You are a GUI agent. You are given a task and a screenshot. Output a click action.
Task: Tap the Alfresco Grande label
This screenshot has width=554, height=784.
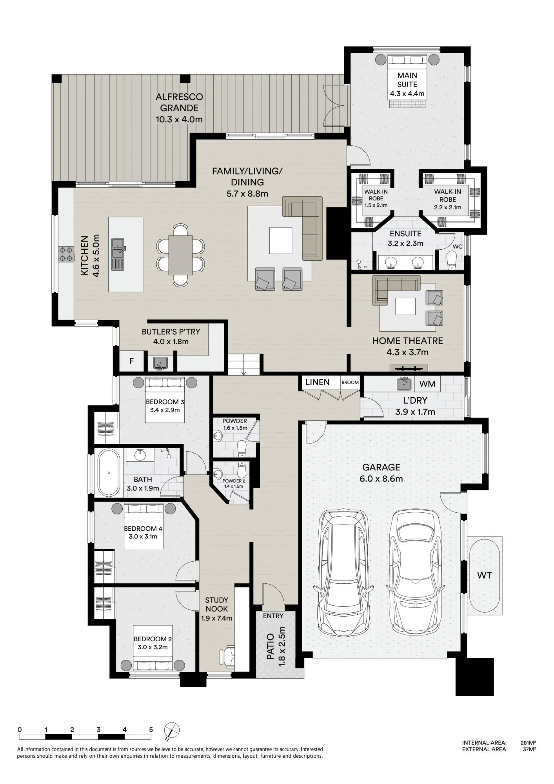179,102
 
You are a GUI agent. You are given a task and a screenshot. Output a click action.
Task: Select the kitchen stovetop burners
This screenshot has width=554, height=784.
66,254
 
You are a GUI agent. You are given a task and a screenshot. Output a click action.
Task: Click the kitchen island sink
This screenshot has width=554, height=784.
117,254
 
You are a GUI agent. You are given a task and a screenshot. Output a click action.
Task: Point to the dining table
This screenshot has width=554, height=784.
180,255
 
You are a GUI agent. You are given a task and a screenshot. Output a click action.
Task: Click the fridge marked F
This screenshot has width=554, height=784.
131,361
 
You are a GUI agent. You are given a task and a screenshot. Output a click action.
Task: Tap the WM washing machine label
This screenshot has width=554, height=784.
427,384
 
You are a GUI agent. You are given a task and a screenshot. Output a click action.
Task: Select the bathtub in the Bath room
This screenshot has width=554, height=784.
109,473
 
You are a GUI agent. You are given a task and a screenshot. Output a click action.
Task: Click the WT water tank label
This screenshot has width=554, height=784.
485,575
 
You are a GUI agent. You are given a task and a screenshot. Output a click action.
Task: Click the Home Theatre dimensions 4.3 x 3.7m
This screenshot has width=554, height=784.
407,352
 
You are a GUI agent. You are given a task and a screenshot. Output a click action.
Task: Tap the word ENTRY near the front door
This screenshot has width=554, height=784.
273,616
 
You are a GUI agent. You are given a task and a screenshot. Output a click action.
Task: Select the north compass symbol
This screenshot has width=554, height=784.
172,730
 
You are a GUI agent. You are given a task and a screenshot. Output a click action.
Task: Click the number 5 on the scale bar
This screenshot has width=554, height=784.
151,730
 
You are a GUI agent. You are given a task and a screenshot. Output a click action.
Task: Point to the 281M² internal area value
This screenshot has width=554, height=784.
528,742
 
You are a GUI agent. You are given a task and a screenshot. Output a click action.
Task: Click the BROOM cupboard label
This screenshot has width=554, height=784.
350,383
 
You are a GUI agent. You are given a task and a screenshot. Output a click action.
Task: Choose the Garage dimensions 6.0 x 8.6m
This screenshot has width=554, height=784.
381,479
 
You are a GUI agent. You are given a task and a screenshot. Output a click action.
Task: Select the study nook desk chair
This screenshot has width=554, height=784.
227,657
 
